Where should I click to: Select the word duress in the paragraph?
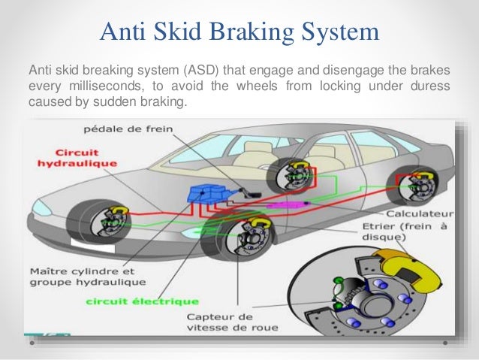430,86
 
